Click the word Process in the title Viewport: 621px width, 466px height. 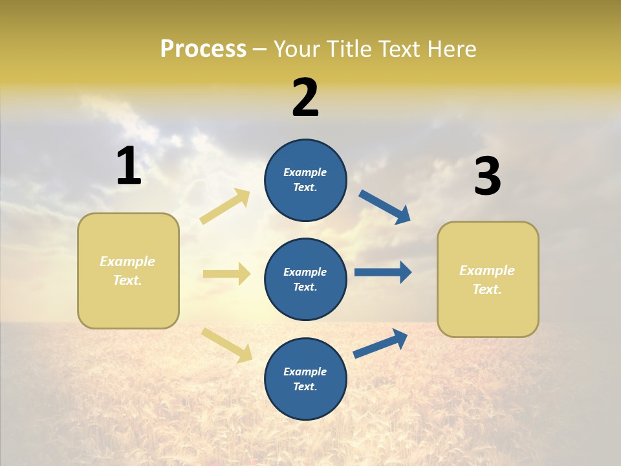tap(203, 49)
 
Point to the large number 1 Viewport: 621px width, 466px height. tap(129, 166)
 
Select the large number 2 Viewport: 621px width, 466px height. tap(305, 97)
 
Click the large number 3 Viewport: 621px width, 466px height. tap(487, 176)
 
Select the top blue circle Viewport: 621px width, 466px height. tap(305, 180)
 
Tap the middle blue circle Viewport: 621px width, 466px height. tap(305, 279)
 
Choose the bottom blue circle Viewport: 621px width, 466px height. tap(305, 379)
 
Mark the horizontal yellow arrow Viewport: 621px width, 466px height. tap(226, 274)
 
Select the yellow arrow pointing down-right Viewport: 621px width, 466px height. tap(226, 345)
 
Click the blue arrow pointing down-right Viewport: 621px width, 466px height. tap(385, 206)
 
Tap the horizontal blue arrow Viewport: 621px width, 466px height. tap(383, 272)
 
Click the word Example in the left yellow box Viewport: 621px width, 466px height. tap(127, 261)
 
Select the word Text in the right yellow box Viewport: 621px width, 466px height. tap(486, 289)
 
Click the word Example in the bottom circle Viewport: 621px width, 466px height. tap(305, 372)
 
